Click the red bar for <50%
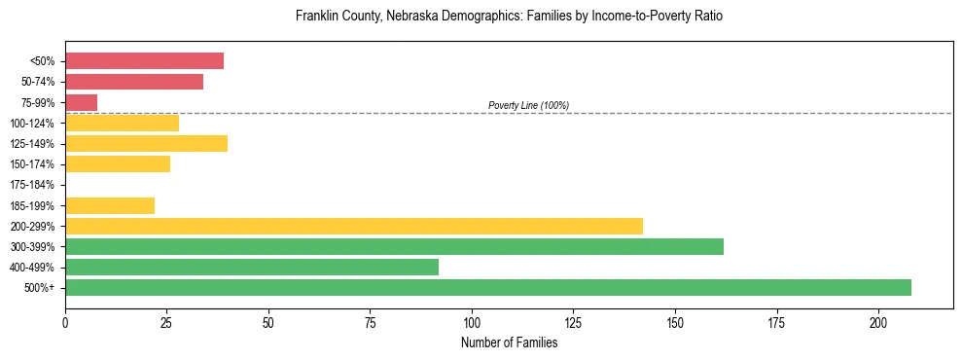pos(144,61)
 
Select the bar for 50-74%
pos(134,82)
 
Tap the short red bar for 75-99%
pos(82,102)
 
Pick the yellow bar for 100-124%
pos(122,123)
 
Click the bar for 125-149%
pos(146,144)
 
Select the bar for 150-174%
pos(118,164)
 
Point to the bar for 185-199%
pos(110,205)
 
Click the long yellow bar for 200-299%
pos(354,226)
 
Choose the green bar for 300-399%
pos(394,246)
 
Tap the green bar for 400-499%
pos(252,267)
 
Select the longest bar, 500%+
pos(488,287)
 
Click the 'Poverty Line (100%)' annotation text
pos(528,105)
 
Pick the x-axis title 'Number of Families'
pos(509,342)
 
